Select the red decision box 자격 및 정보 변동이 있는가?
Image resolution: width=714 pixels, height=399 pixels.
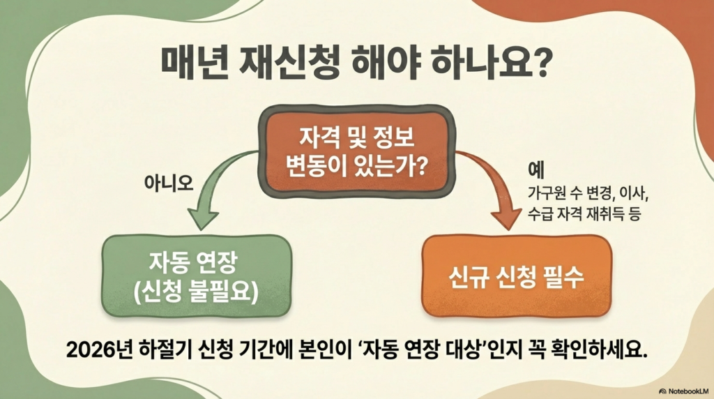point(357,151)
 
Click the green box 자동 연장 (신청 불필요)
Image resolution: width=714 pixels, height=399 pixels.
point(196,276)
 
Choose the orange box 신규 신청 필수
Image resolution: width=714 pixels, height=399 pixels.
point(517,276)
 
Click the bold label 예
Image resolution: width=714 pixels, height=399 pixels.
point(536,170)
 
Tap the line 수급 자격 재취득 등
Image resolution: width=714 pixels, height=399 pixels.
point(584,213)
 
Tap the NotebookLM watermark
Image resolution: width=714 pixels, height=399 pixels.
point(684,391)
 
